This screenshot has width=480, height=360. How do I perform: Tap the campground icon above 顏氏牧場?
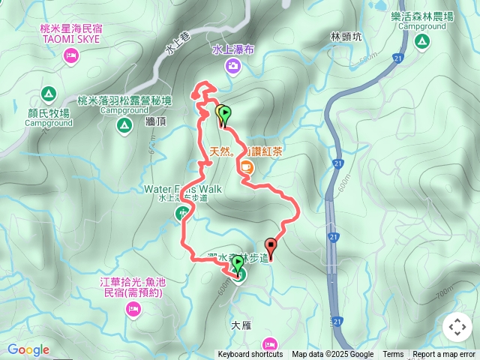[48, 94]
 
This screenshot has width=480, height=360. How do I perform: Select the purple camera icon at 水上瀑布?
[234, 67]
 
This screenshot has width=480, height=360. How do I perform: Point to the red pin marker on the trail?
[271, 246]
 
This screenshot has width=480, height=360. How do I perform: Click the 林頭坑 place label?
[346, 36]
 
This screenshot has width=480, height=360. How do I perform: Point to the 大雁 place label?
[240, 325]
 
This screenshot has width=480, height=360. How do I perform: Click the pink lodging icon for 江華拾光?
[133, 309]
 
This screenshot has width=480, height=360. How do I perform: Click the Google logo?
[28, 349]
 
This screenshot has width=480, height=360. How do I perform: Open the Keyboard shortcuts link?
[250, 355]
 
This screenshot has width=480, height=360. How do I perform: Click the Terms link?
[393, 355]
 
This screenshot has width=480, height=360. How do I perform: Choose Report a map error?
[444, 355]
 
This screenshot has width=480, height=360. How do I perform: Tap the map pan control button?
[457, 328]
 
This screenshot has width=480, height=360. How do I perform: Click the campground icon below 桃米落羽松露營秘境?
[124, 129]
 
